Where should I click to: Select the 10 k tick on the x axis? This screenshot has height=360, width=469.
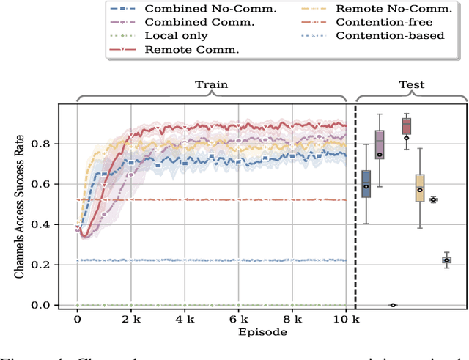[343, 320]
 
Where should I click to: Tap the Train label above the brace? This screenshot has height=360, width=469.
[211, 84]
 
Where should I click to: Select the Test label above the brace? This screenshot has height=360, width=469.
[411, 84]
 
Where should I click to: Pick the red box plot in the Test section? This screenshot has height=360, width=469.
[406, 126]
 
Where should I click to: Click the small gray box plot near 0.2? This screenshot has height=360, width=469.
[446, 260]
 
